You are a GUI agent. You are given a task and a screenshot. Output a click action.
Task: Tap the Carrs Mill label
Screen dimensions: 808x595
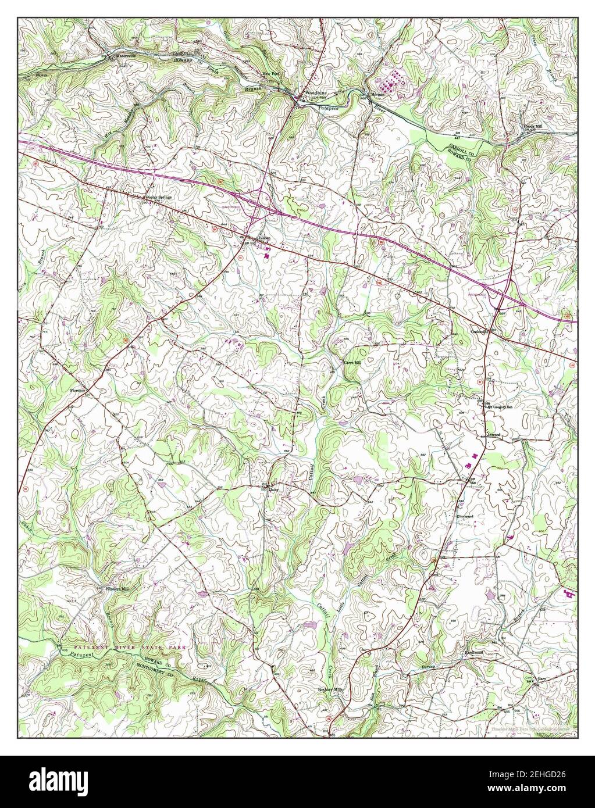pyautogui.click(x=352, y=362)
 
